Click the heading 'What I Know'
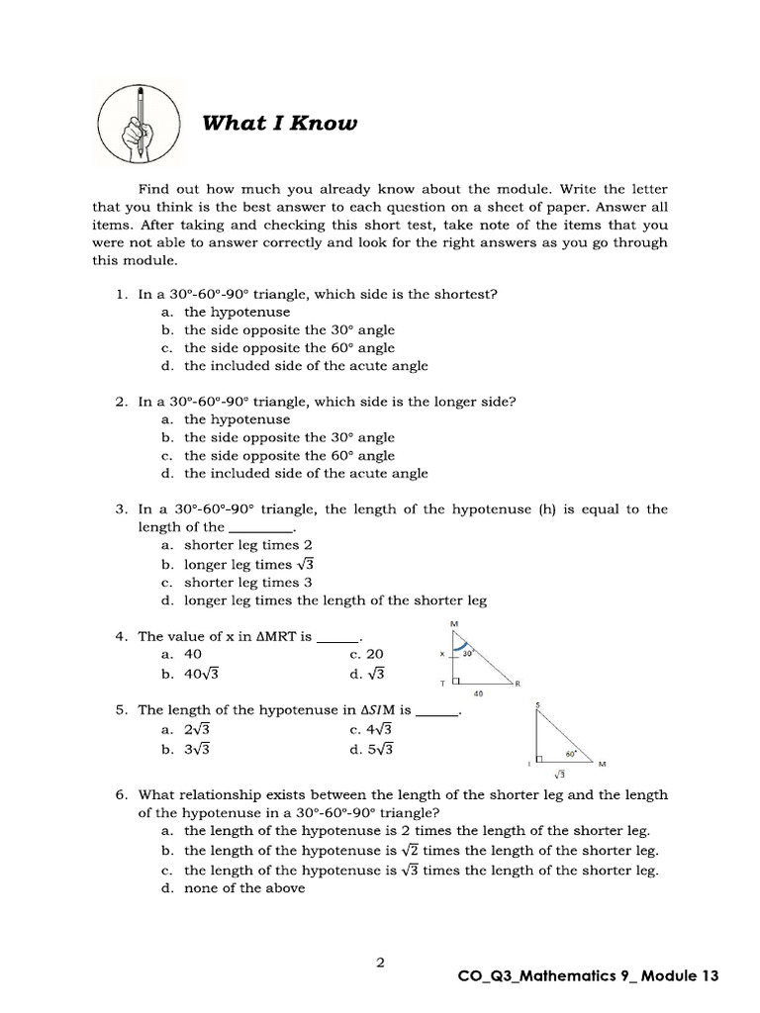(x=264, y=123)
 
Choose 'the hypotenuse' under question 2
(x=237, y=419)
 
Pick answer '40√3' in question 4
(x=202, y=673)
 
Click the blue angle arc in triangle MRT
(x=459, y=648)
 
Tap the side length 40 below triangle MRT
(x=478, y=693)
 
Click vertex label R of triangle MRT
(x=518, y=683)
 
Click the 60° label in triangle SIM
(x=571, y=752)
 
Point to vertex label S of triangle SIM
(x=537, y=705)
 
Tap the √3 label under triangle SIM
(x=560, y=775)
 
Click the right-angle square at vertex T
(x=456, y=681)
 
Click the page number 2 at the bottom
(x=380, y=961)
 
